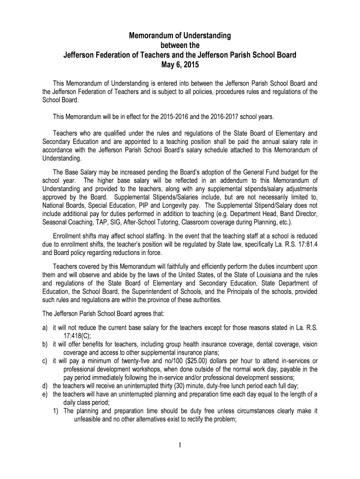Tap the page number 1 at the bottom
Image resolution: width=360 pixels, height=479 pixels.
coord(180,444)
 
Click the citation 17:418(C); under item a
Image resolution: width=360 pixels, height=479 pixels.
coord(78,335)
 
